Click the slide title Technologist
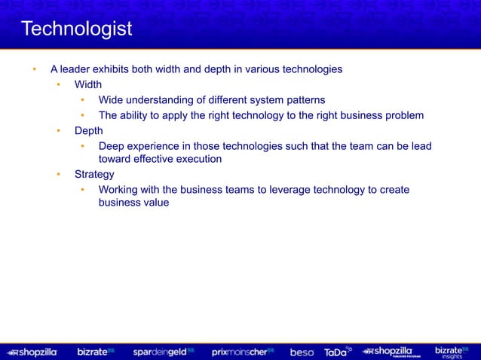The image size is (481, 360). [x=76, y=29]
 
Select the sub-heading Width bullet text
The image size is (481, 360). [x=88, y=84]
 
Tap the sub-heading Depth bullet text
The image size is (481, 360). [x=88, y=130]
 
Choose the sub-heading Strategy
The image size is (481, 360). [x=94, y=175]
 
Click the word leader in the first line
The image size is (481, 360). [x=78, y=69]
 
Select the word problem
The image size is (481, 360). [x=402, y=115]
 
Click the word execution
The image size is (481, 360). [x=195, y=159]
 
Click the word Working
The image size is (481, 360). [x=121, y=189]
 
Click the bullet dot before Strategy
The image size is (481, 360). [x=57, y=175]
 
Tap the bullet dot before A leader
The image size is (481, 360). [x=33, y=69]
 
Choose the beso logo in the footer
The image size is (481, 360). [x=302, y=352]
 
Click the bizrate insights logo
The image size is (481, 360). [x=453, y=352]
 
